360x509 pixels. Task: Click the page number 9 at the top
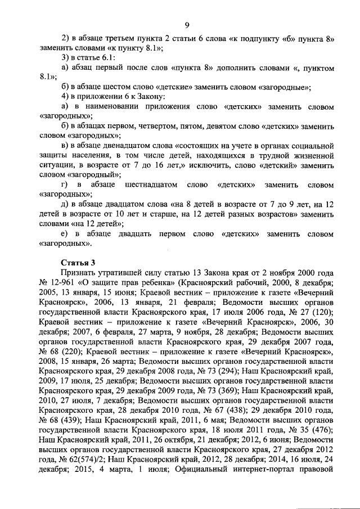(x=186, y=25)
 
